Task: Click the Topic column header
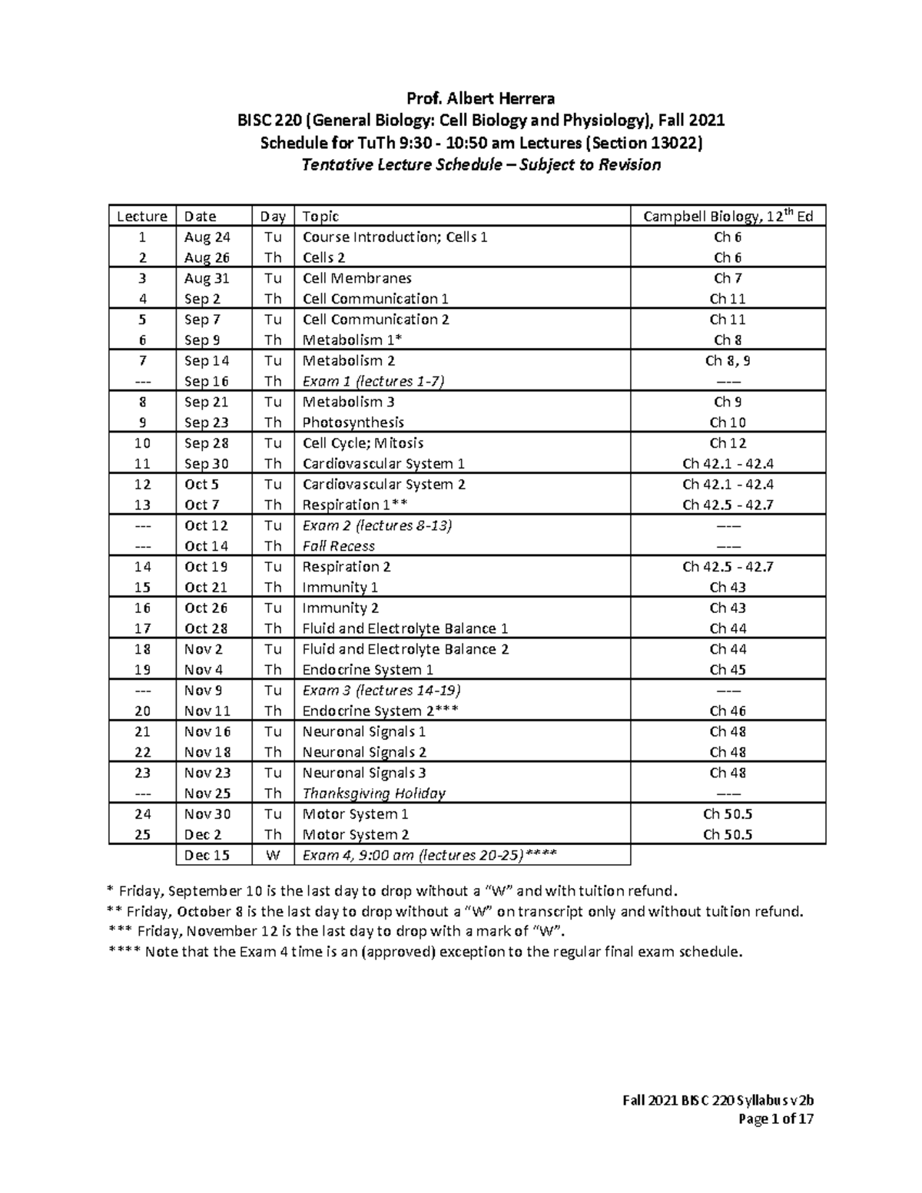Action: [320, 217]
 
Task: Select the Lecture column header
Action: [142, 217]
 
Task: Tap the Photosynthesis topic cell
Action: [353, 423]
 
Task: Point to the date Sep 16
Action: [207, 381]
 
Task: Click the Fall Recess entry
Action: [338, 546]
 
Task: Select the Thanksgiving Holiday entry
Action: [373, 794]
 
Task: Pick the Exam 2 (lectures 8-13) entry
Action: [376, 525]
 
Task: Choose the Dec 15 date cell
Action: [207, 855]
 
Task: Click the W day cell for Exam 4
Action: [273, 855]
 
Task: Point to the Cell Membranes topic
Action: [357, 278]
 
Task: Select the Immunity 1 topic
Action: [340, 588]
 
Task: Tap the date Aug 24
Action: [207, 237]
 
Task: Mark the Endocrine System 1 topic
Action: [367, 670]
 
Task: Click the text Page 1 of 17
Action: [775, 1119]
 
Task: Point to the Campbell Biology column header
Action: [728, 217]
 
